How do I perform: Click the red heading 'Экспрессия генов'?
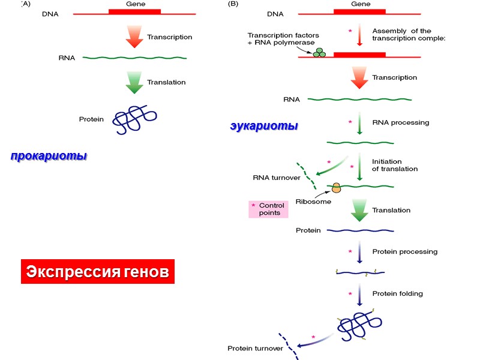[98, 272]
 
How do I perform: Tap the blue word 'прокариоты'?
[49, 156]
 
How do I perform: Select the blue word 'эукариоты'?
[264, 127]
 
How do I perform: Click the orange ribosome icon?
[336, 188]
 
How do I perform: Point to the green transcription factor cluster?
[319, 53]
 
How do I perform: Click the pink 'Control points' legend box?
[268, 209]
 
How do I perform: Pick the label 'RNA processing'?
[400, 122]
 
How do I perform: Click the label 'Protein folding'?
[397, 293]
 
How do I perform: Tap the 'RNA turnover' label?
[272, 178]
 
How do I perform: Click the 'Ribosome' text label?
[313, 202]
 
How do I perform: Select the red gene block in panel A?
[134, 11]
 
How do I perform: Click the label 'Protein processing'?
[404, 251]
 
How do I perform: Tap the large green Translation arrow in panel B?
[359, 210]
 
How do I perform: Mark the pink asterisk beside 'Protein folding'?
[350, 294]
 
